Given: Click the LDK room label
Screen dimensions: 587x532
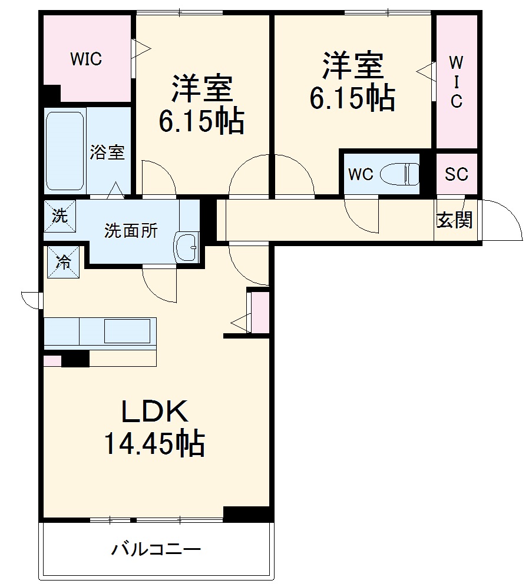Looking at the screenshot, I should [154, 412].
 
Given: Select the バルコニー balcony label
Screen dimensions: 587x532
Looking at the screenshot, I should [157, 550].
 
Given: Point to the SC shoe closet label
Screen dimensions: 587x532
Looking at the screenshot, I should [456, 174].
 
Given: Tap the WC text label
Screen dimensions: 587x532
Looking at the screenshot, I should [360, 174].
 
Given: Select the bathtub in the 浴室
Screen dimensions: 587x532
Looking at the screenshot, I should [64, 150].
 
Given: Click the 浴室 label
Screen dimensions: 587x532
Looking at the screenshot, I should [107, 152].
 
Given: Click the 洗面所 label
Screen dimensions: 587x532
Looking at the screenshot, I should [131, 231].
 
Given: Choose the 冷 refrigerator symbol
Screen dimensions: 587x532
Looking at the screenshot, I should [63, 261].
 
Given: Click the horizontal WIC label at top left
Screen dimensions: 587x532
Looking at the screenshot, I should [86, 59].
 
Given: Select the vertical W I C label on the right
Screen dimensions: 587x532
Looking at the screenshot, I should [456, 82].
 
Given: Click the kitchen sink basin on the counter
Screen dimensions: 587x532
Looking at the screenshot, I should [127, 331].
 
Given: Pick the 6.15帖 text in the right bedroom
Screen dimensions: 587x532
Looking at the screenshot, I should [352, 98].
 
